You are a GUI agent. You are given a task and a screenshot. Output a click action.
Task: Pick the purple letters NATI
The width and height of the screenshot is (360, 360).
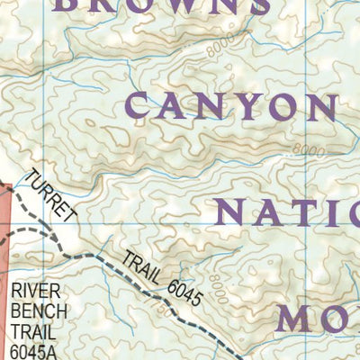pos(288,212)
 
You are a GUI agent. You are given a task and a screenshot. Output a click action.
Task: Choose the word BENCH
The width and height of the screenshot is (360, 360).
pos(35,313)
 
